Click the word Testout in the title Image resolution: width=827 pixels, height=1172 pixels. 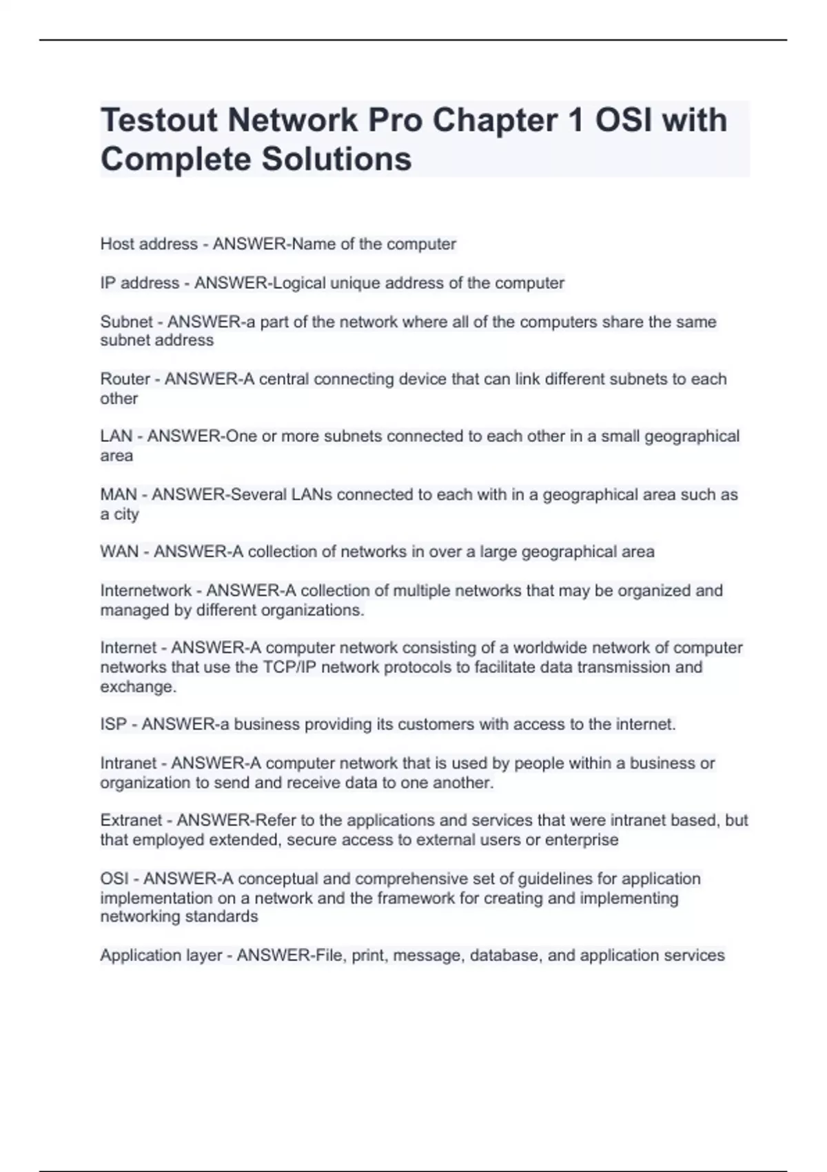click(160, 121)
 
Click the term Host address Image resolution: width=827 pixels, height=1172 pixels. click(149, 244)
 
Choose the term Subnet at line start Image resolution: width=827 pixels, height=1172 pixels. click(126, 322)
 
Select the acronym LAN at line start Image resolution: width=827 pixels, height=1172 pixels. click(116, 436)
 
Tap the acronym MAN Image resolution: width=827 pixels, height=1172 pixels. click(119, 495)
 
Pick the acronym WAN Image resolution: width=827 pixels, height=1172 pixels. click(119, 552)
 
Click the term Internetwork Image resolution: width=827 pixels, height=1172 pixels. click(146, 591)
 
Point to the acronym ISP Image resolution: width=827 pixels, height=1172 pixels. click(114, 725)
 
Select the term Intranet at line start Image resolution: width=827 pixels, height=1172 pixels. click(129, 763)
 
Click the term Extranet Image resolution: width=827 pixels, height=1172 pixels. click(132, 820)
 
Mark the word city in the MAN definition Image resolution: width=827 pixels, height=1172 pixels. click(126, 514)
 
